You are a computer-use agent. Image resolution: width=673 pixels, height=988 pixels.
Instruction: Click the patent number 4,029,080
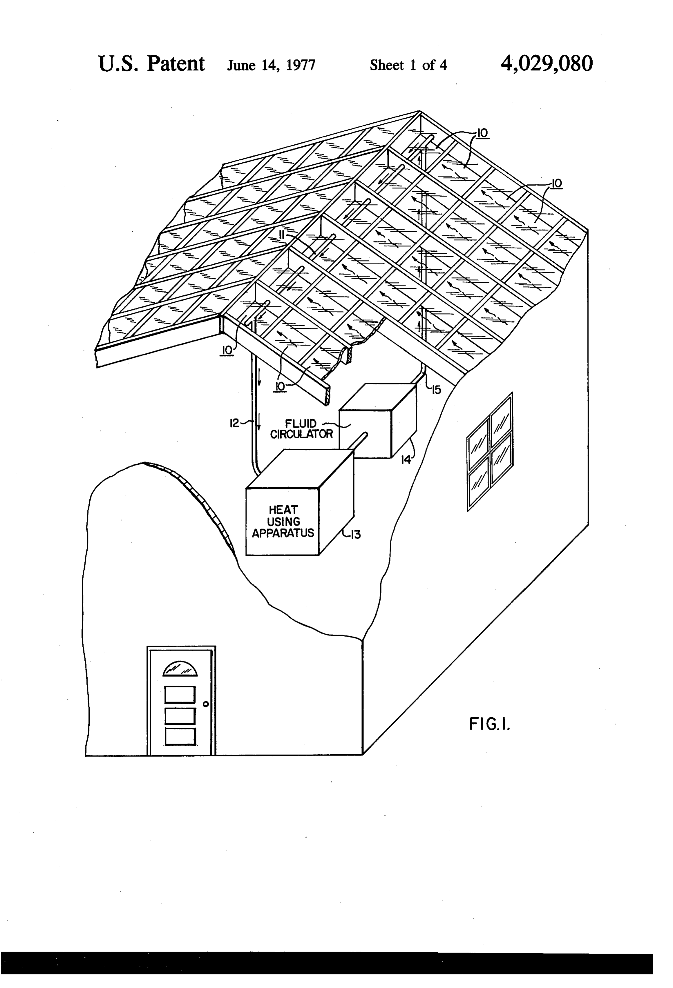coord(547,64)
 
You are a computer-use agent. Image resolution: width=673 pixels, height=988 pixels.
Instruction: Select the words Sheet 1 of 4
coord(408,65)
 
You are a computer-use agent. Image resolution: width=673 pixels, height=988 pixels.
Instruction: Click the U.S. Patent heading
coord(151,64)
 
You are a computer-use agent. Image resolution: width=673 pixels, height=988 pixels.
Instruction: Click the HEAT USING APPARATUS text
coord(283,521)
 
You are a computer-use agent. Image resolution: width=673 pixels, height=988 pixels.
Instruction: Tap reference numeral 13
coord(354,534)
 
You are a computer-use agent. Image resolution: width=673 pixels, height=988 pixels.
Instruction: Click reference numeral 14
coord(407,459)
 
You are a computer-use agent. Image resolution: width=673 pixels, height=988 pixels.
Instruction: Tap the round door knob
coord(205,704)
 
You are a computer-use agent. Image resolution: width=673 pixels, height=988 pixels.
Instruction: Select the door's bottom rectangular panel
coord(180,737)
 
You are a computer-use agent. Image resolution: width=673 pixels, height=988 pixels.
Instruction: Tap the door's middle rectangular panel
coord(180,716)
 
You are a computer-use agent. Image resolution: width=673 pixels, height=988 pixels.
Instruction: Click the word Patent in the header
coord(176,64)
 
